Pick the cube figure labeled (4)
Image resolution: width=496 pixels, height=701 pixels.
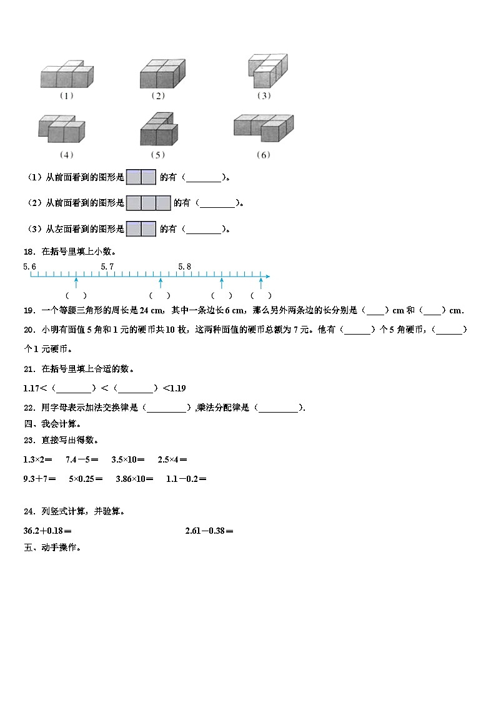[61, 129]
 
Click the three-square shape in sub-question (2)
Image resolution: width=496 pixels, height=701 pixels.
[148, 203]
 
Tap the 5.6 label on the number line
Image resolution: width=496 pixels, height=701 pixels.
[30, 267]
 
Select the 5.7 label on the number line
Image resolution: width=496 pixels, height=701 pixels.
[107, 267]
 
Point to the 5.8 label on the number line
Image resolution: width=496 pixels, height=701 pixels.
[184, 267]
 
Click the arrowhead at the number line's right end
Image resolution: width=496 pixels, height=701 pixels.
[267, 276]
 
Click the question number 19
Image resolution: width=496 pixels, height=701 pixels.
[29, 310]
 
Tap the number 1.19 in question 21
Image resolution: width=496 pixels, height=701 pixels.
[177, 388]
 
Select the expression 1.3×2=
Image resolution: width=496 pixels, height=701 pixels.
[37, 459]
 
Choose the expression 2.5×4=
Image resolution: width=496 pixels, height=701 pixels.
[172, 459]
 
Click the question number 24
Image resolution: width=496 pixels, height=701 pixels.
[29, 511]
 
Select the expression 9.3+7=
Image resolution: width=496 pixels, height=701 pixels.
[40, 479]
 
